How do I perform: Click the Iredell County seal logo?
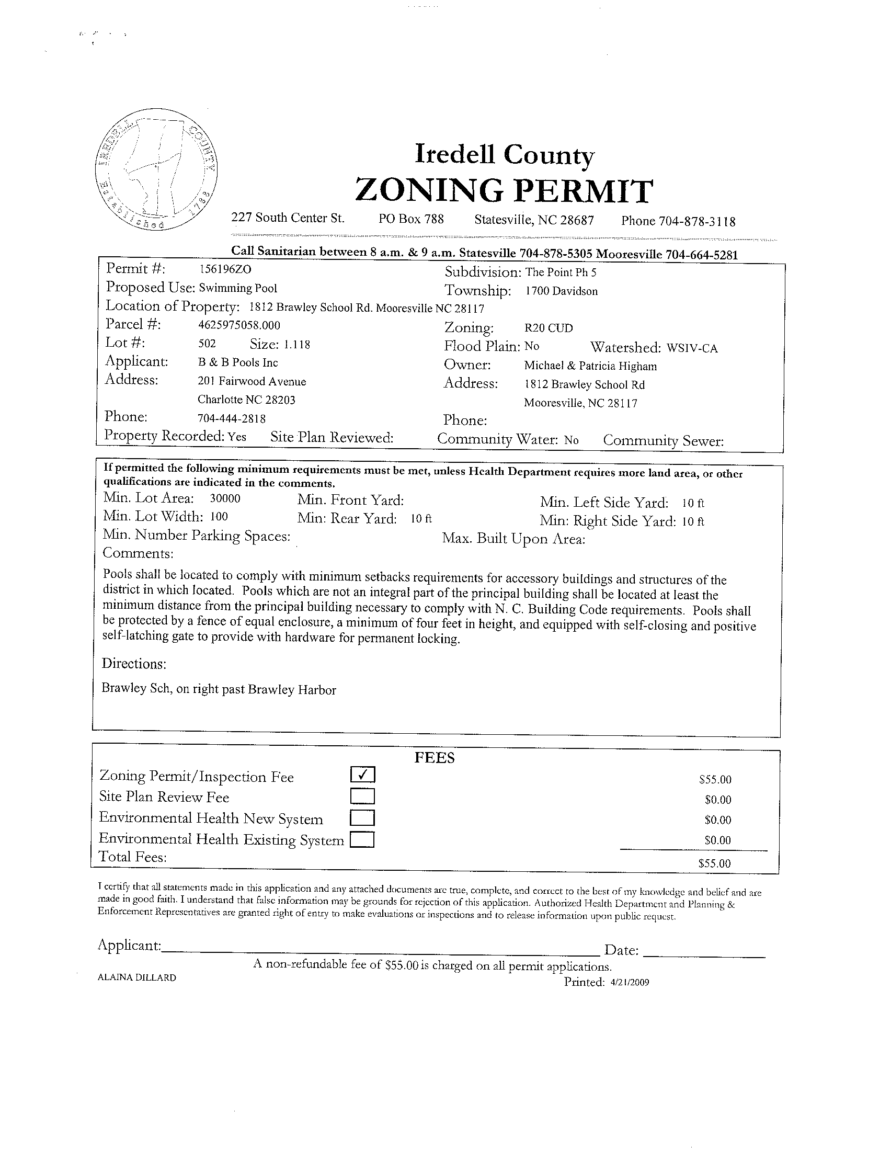click(x=158, y=169)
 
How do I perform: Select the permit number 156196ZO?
click(x=225, y=269)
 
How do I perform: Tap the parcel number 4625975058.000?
click(x=239, y=325)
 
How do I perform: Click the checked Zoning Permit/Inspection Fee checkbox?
click(x=363, y=775)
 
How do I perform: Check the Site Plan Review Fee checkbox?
click(x=363, y=796)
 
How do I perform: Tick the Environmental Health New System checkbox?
click(x=363, y=817)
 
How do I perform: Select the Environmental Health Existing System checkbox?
click(x=363, y=838)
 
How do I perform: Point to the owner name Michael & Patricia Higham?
click(x=590, y=366)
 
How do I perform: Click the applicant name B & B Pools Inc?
click(x=238, y=362)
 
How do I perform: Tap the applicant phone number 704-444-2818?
click(x=232, y=419)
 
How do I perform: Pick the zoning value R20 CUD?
click(x=549, y=328)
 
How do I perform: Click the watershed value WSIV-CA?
click(x=692, y=348)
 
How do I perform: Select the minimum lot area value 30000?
click(x=225, y=498)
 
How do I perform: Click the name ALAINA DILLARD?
click(x=137, y=978)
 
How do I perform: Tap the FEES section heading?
click(x=435, y=758)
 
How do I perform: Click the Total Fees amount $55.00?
click(x=715, y=863)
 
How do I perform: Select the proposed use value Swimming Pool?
click(x=238, y=288)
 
